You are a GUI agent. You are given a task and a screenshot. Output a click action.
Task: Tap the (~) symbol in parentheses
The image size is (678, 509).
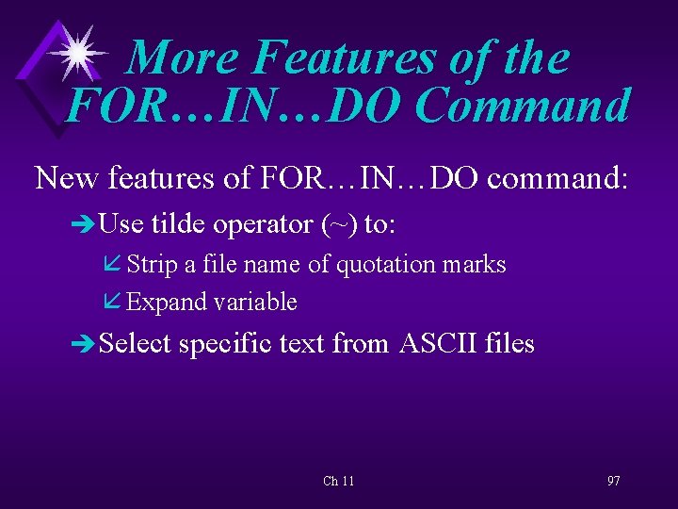pyautogui.click(x=338, y=224)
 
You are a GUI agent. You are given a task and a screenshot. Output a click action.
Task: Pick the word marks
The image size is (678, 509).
pyautogui.click(x=476, y=265)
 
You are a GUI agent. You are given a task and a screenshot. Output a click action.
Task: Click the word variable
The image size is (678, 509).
pyautogui.click(x=255, y=303)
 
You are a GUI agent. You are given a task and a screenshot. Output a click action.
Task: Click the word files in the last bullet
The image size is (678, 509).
pyautogui.click(x=509, y=344)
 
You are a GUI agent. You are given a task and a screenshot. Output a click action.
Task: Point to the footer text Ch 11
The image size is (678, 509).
pyautogui.click(x=338, y=482)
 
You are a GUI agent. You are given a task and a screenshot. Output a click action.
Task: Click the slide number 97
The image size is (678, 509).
pyautogui.click(x=613, y=482)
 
